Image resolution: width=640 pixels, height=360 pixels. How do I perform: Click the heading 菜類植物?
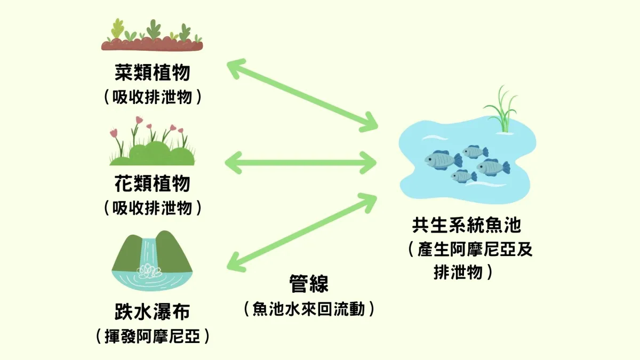point(153,73)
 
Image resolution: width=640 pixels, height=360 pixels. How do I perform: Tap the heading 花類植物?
point(153,183)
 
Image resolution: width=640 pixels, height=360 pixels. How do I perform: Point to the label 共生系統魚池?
point(467,225)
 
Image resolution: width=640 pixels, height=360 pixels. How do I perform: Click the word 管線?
point(309,283)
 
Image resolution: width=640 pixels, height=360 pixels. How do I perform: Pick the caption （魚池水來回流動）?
point(309,309)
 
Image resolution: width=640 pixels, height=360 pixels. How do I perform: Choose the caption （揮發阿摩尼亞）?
point(153,337)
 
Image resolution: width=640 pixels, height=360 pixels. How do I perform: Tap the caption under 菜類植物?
point(153,97)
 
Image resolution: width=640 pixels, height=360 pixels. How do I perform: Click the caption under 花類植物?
point(153,207)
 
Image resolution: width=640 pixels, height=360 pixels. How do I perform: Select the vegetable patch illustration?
point(152,35)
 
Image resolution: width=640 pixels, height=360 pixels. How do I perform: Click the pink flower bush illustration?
point(152,141)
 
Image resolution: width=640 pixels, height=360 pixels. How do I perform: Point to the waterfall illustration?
point(152,261)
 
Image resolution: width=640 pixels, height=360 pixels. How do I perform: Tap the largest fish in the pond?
point(443,160)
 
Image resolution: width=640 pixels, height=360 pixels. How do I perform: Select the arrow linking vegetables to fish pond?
point(302,95)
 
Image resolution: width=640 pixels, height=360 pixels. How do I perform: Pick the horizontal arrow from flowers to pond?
point(301,163)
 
